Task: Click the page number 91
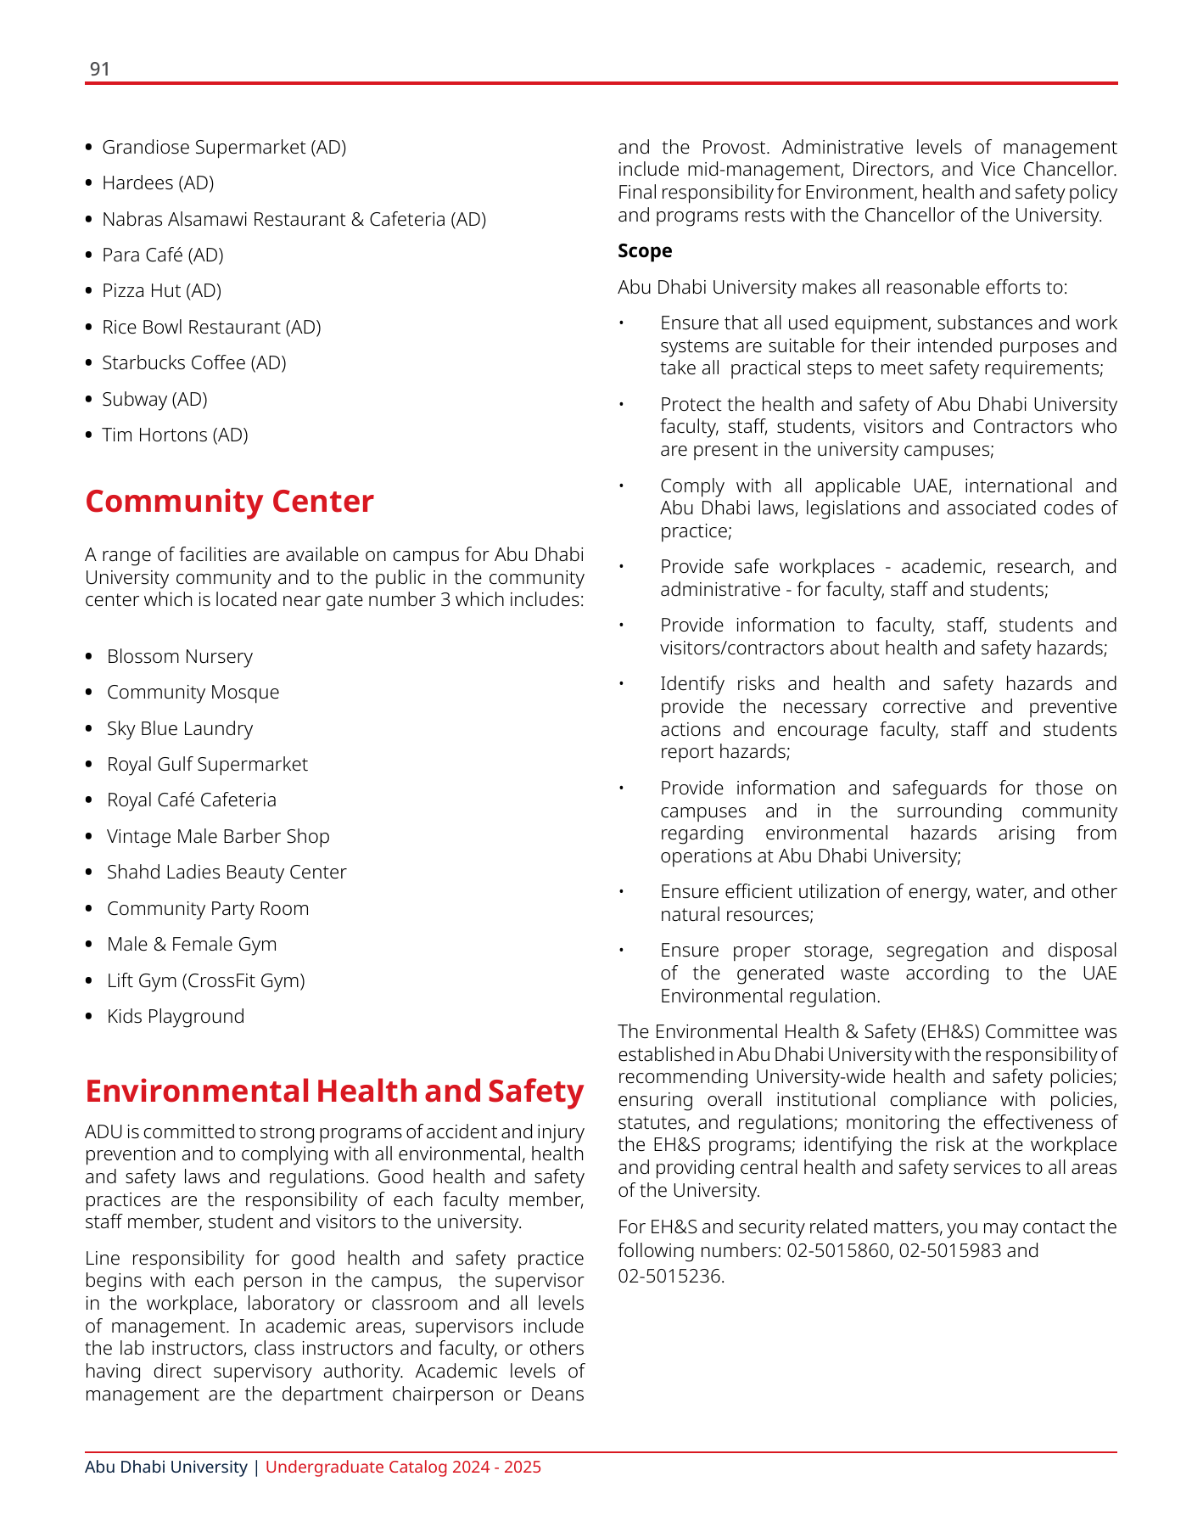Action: tap(100, 69)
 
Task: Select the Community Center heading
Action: tap(229, 502)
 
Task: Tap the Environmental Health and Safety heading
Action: tap(334, 1092)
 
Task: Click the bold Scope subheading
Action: tap(645, 250)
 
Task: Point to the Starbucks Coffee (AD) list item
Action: tap(193, 363)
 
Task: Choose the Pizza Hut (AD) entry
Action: tap(161, 291)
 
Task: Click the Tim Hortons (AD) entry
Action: tap(175, 435)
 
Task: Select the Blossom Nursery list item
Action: tap(179, 657)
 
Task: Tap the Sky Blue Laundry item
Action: tap(179, 729)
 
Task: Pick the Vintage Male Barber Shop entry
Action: tap(218, 837)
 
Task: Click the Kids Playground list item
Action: tap(175, 1017)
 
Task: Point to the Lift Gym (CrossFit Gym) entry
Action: tap(205, 981)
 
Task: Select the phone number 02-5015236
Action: tap(670, 1276)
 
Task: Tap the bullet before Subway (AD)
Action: tap(89, 400)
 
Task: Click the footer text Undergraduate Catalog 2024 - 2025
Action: tap(403, 1468)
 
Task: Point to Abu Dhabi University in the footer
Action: tap(166, 1468)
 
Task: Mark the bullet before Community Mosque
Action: tap(89, 693)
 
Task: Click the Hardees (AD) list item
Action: tap(158, 183)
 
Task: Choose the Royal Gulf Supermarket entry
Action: tap(207, 765)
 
